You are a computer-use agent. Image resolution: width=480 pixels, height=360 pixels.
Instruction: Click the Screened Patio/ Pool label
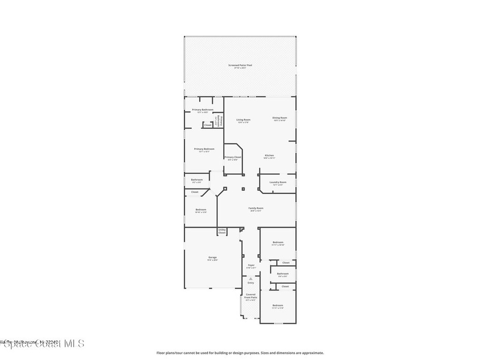coord(240,65)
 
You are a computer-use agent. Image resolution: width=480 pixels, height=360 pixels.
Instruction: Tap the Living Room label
coord(243,120)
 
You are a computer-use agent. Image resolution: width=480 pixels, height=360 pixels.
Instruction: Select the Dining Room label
coord(280,118)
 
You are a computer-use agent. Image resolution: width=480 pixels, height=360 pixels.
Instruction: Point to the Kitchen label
coord(269,155)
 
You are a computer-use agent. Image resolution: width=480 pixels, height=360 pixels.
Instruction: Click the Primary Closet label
coord(233,157)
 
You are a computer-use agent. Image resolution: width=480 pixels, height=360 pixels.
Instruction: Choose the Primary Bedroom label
coord(204,149)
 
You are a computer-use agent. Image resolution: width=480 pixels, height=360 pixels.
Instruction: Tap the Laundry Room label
coord(278,182)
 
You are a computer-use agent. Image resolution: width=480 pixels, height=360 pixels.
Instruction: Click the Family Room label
coord(256,208)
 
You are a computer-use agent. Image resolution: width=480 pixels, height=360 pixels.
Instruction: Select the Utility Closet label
coord(222,231)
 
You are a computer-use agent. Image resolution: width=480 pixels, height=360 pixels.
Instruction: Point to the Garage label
coord(212,257)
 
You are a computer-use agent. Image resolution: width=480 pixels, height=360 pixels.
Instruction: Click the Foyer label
coord(251,265)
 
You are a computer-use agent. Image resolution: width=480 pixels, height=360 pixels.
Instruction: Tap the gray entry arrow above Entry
coord(251,278)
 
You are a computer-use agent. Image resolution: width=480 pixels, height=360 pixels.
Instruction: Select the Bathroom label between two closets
coord(283,274)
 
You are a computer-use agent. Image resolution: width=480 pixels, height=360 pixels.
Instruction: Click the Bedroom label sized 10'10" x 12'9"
coord(201,210)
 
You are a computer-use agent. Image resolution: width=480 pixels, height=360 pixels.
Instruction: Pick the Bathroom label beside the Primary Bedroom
coord(197,180)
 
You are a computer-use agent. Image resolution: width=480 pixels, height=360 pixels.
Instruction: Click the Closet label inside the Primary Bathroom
coord(208,125)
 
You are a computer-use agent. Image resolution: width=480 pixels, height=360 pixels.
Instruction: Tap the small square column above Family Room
coord(243,189)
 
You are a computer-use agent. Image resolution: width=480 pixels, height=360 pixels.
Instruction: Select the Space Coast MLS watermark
coord(42,344)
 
